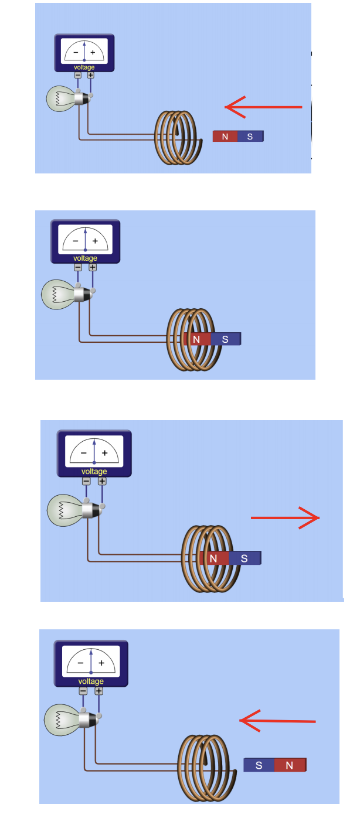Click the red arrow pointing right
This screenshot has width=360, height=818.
pos(285,518)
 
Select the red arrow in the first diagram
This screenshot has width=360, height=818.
pos(263,107)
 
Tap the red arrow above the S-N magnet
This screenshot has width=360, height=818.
pos(278,721)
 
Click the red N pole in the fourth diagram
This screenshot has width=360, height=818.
pos(290,765)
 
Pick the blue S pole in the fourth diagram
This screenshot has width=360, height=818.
pos(259,765)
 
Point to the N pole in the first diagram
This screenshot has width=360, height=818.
pos(225,137)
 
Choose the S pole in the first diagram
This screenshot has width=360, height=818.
pos(250,137)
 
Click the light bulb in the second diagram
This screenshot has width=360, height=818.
pos(59,294)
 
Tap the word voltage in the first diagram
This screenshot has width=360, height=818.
pos(84,67)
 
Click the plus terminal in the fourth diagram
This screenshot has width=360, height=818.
pos(99,691)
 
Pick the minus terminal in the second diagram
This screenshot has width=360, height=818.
pos(78,267)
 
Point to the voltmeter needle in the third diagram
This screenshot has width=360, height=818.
pos(94,450)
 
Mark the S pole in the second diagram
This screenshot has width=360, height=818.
pos(225,339)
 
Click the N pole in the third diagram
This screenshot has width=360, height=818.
pos(213,558)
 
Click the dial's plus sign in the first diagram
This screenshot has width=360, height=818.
pos(93,52)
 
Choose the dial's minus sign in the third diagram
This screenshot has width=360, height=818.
pos(84,453)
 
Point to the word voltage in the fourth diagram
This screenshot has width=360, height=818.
pos(91,681)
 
